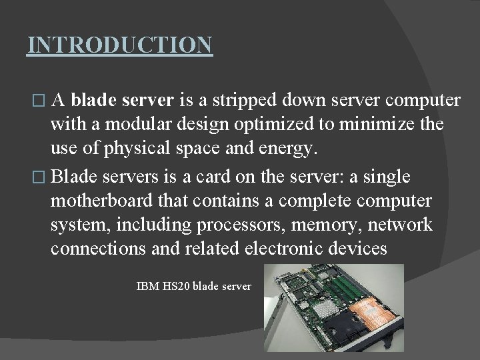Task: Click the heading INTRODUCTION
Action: coord(120,45)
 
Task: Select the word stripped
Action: coord(242,101)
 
